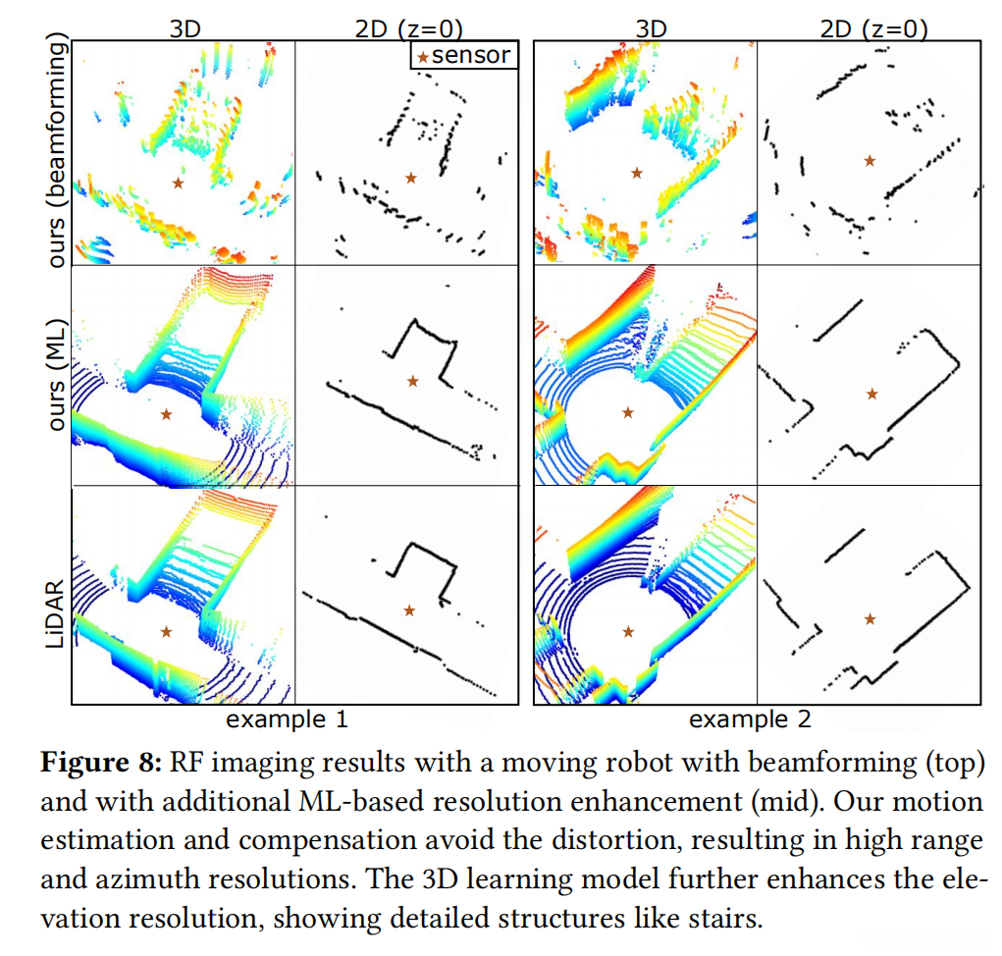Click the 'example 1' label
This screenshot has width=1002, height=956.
coord(288,719)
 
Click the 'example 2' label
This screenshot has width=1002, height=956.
coord(750,719)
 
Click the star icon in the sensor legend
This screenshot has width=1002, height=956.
coord(423,56)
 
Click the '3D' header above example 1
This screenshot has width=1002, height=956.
coord(185,28)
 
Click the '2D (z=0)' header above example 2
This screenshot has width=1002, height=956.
coord(872,28)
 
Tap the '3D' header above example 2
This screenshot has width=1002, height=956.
coord(652,28)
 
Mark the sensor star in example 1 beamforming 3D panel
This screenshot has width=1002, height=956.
coord(178,183)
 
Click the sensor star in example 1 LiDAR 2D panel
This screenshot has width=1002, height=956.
coord(409,611)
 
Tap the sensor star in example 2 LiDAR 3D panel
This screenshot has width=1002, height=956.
coord(628,631)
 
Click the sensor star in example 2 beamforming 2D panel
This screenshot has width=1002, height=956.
coord(869,160)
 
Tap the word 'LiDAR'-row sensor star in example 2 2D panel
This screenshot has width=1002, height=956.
coord(870,618)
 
